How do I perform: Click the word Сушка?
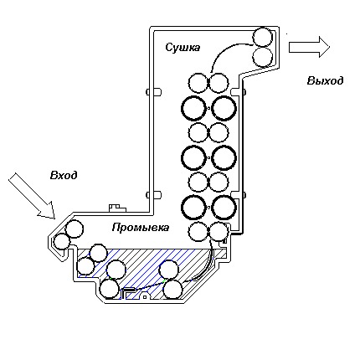(183, 47)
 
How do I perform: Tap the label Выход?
(325, 80)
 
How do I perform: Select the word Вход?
(64, 175)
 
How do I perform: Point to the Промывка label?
(141, 228)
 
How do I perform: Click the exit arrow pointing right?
(309, 47)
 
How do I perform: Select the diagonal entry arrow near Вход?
(32, 195)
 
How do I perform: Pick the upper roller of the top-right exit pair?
(262, 37)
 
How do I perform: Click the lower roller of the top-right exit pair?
(262, 57)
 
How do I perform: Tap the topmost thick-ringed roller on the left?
(194, 108)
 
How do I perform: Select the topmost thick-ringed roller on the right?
(224, 108)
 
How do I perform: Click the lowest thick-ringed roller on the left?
(194, 208)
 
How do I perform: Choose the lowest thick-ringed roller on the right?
(224, 208)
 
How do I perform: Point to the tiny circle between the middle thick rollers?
(208, 158)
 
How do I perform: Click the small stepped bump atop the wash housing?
(117, 208)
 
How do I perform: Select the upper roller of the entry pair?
(75, 229)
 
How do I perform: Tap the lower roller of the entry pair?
(62, 242)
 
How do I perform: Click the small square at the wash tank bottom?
(145, 297)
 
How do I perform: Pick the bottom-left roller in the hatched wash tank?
(110, 289)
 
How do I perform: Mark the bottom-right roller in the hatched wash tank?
(173, 290)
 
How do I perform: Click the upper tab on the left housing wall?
(154, 92)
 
